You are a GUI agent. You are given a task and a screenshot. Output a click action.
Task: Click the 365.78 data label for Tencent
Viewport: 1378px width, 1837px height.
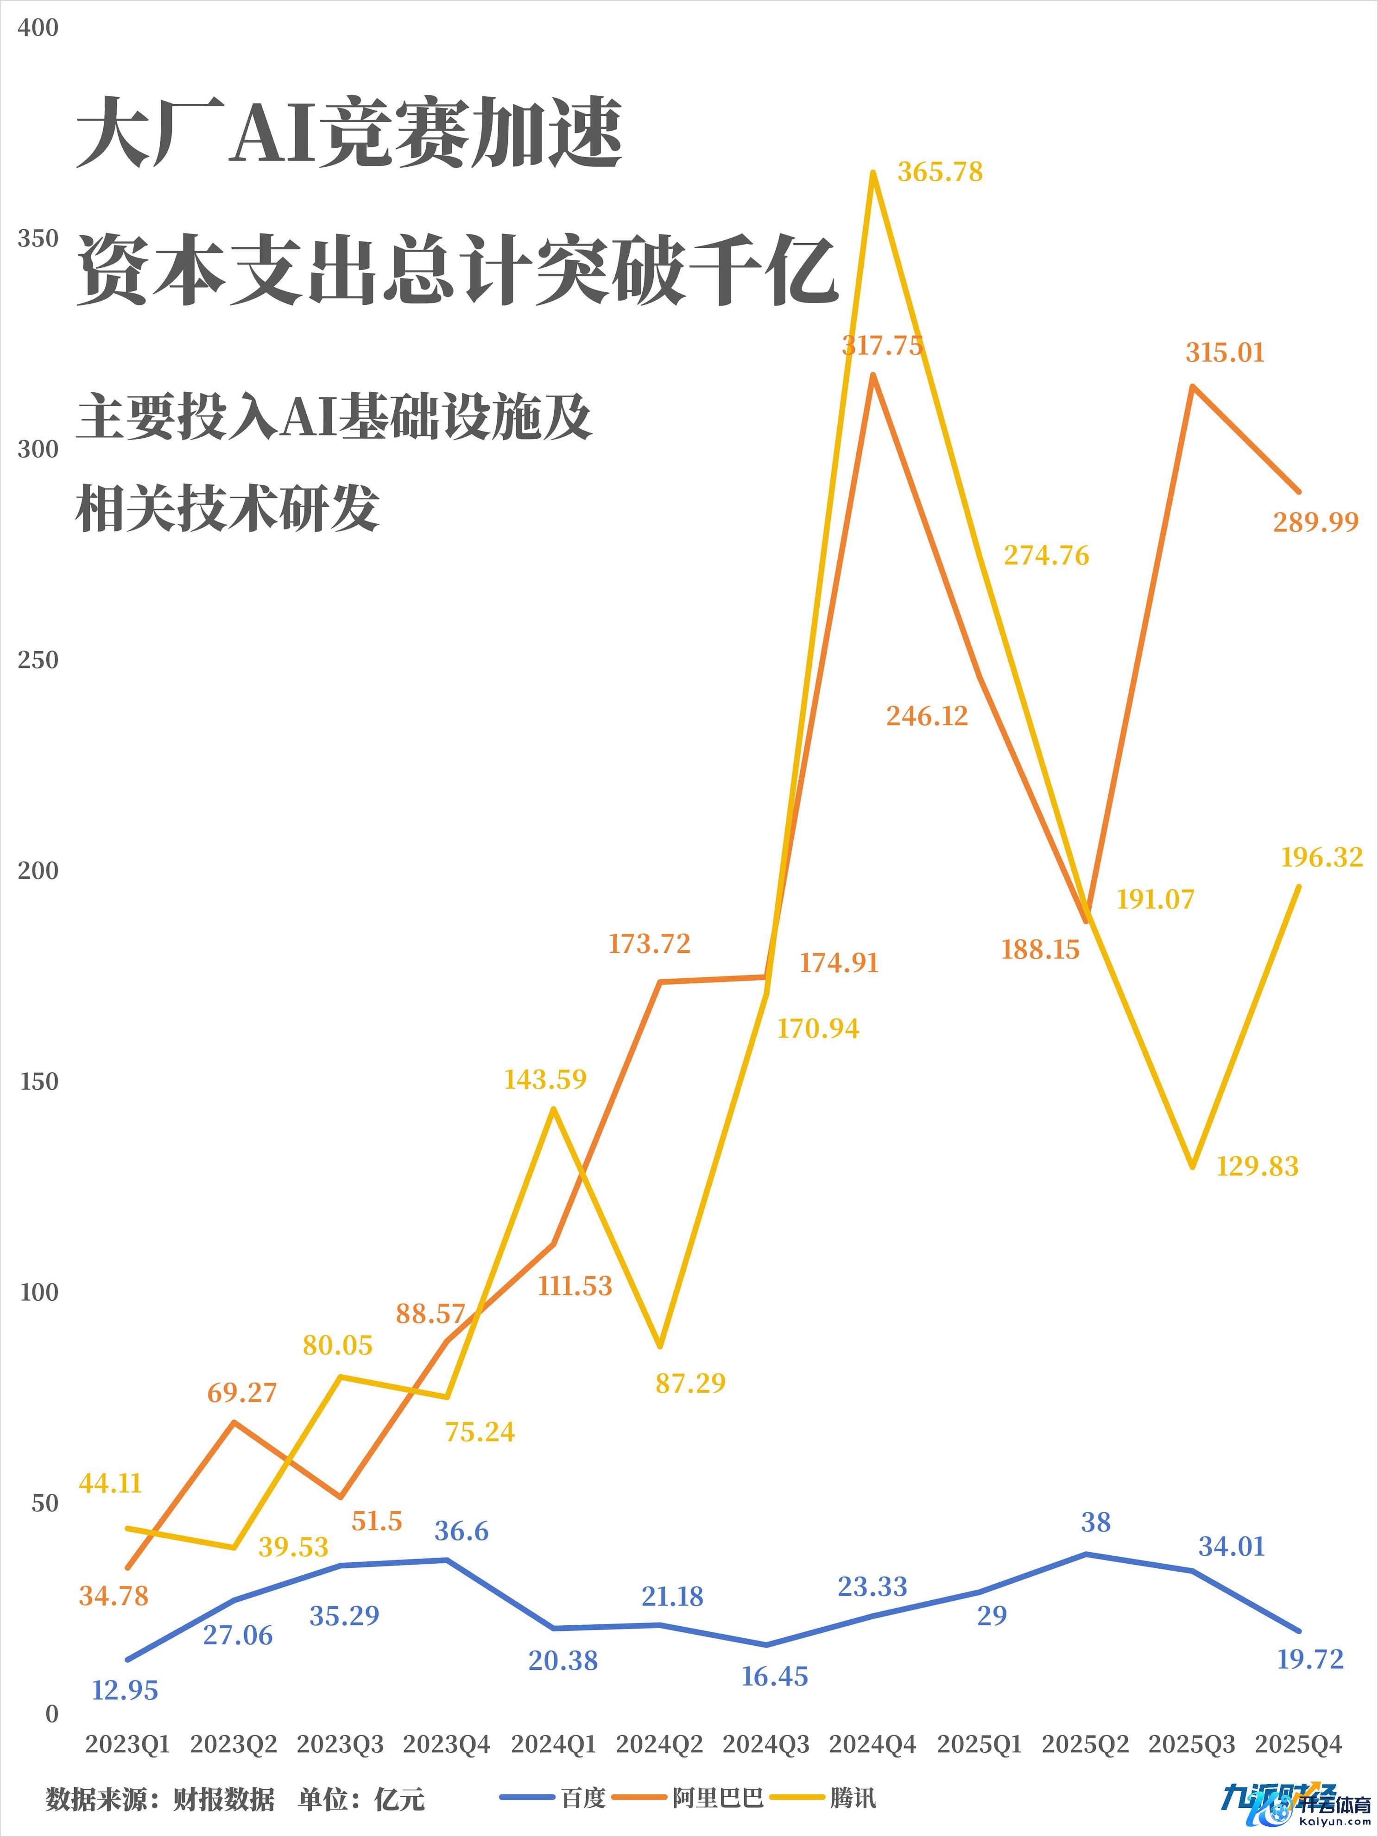click(939, 172)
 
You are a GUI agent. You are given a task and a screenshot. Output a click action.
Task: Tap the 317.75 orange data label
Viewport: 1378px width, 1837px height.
click(882, 345)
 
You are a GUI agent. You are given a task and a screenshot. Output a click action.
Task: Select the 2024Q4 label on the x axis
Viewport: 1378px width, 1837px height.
click(872, 1744)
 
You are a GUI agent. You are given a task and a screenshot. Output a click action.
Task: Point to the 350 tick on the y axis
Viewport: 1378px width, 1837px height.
click(38, 239)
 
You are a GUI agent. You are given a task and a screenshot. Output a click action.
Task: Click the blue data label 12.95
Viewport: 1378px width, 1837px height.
click(125, 1690)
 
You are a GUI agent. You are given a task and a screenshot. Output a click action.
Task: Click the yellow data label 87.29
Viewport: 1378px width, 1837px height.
click(690, 1383)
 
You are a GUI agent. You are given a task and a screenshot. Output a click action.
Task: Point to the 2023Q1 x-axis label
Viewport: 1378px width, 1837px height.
click(127, 1744)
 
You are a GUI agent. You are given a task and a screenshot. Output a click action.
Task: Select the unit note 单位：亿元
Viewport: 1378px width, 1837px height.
click(361, 1799)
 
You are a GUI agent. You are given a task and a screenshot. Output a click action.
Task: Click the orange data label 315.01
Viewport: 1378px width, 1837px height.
click(1224, 353)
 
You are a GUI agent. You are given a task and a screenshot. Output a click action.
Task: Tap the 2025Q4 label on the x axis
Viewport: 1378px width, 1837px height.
click(1298, 1744)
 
